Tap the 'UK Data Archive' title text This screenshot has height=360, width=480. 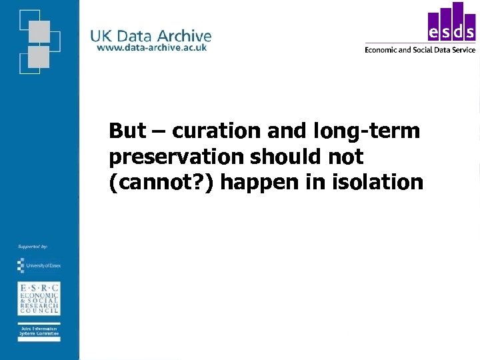[x=151, y=36]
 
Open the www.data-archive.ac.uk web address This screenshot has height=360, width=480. [x=151, y=47]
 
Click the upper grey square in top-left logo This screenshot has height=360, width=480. [x=39, y=31]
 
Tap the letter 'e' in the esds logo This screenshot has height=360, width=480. [x=433, y=33]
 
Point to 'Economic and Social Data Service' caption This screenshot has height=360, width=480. [x=420, y=49]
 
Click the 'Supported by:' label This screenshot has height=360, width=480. [x=33, y=247]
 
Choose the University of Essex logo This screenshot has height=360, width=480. [x=38, y=265]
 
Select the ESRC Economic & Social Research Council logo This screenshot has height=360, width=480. [x=38, y=298]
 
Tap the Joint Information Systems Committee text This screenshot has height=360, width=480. [x=38, y=332]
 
